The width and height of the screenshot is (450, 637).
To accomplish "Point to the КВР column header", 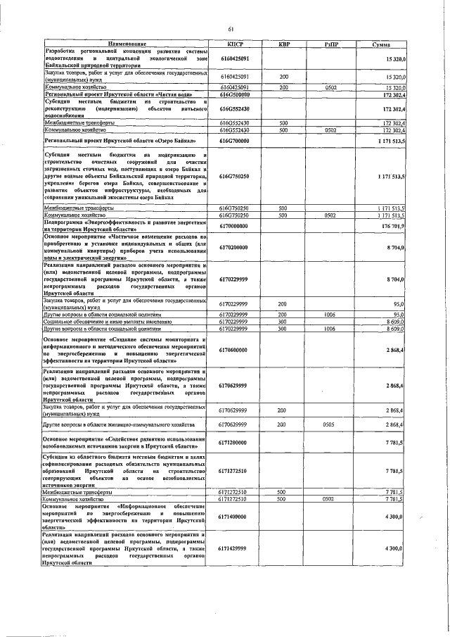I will [x=284, y=44].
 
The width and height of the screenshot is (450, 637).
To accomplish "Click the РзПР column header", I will [x=330, y=44].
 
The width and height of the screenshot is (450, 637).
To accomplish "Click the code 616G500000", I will [x=234, y=93].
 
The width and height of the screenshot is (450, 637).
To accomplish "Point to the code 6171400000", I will [x=234, y=517].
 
